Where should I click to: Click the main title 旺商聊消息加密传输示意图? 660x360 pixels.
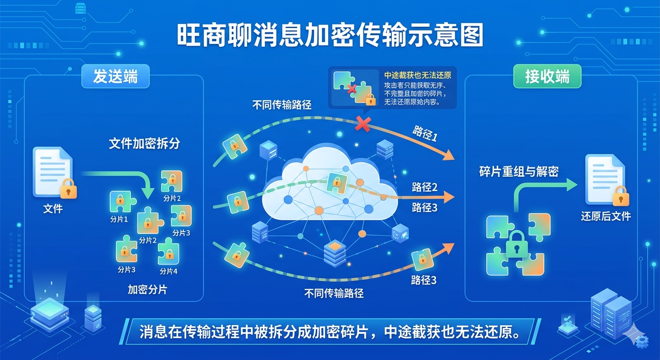pos(330,35)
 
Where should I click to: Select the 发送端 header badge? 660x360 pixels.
pos(115,76)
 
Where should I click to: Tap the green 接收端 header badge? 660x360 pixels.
pos(547,76)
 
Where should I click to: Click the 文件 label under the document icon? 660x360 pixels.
pos(52,208)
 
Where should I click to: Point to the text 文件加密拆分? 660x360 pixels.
pos(144,143)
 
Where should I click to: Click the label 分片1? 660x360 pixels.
pos(119,219)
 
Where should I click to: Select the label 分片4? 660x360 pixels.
pos(169,271)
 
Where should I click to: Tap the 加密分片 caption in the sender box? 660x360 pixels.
pos(147,290)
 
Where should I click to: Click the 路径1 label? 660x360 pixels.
pos(425,133)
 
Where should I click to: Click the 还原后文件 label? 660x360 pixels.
pos(606,216)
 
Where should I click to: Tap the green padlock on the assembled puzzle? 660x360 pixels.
pos(517,244)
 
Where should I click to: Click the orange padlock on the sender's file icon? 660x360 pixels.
pos(68,189)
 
